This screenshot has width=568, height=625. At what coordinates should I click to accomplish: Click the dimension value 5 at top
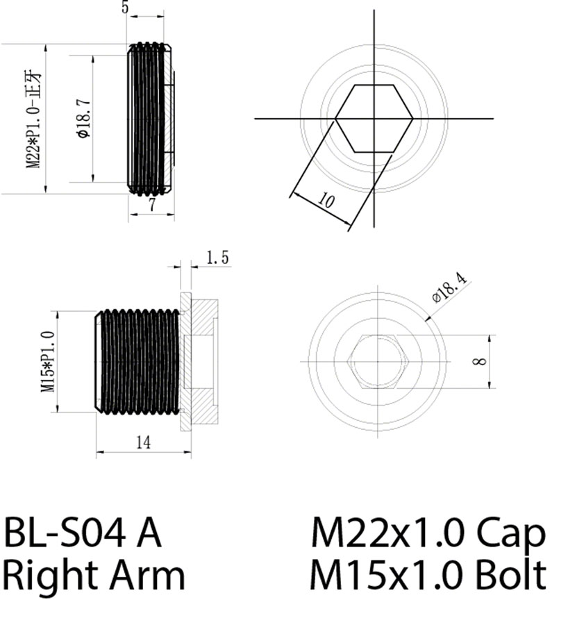[125, 7]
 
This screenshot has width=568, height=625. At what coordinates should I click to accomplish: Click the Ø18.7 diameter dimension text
[83, 119]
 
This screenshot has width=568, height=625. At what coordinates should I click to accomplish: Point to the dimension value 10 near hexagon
[325, 201]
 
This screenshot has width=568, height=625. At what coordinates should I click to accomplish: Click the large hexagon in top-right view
[375, 118]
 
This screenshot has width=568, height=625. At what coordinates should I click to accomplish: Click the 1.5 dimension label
[217, 258]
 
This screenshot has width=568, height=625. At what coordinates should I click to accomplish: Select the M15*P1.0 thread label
[48, 361]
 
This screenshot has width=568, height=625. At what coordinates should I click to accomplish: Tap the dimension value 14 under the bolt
[142, 442]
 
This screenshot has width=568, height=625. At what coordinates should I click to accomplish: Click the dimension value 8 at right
[483, 361]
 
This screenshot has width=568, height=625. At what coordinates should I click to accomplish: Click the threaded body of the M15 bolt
[139, 361]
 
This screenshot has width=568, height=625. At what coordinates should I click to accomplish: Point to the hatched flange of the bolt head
[186, 361]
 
